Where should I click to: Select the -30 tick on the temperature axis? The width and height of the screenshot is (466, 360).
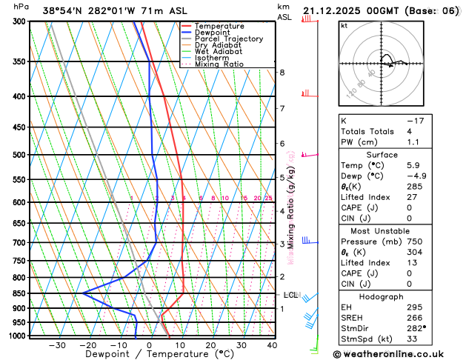[57, 344]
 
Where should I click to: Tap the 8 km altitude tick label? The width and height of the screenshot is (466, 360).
[282, 72]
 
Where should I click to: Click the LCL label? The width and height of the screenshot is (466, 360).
[290, 295]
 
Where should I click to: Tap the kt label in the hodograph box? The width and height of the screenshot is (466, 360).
[344, 25]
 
